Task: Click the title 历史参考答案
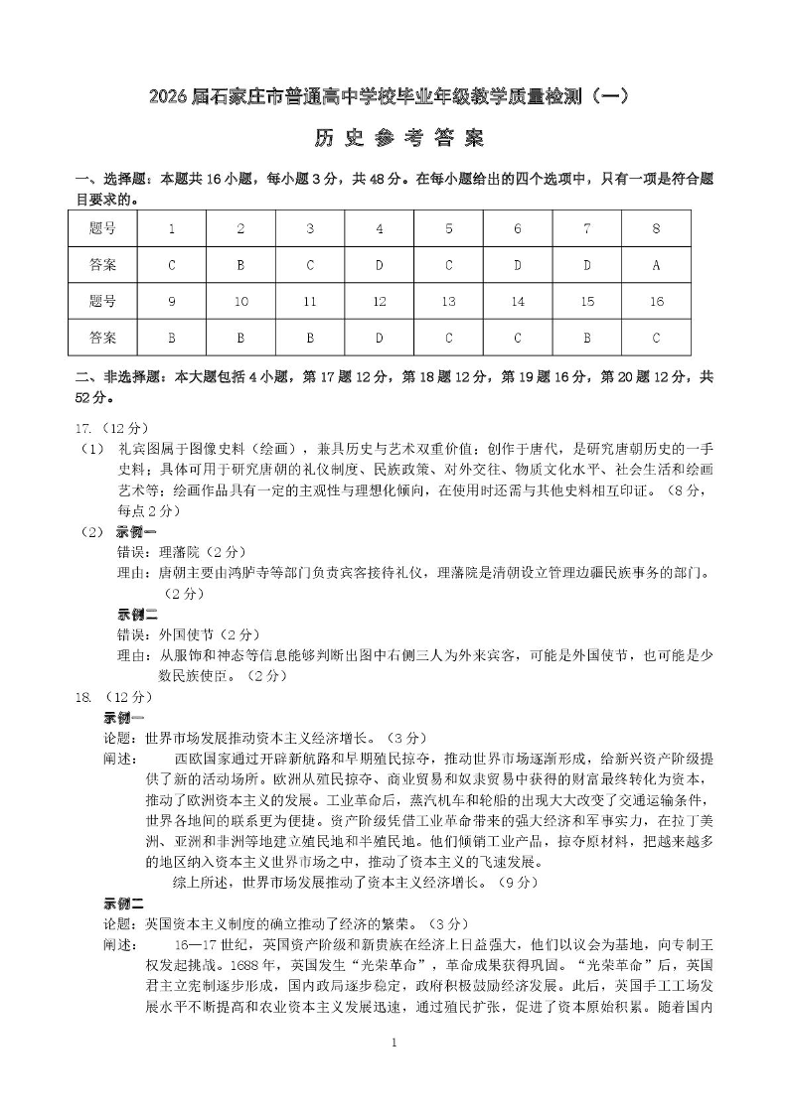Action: pos(394,139)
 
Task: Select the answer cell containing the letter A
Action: pos(656,265)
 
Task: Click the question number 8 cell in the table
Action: pos(656,228)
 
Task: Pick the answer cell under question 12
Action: pos(379,338)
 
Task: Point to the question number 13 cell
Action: pos(448,302)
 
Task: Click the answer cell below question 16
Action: pos(656,338)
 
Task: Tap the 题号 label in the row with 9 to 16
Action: pos(102,302)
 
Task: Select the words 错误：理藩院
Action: pos(163,552)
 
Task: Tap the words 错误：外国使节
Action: pos(170,634)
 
